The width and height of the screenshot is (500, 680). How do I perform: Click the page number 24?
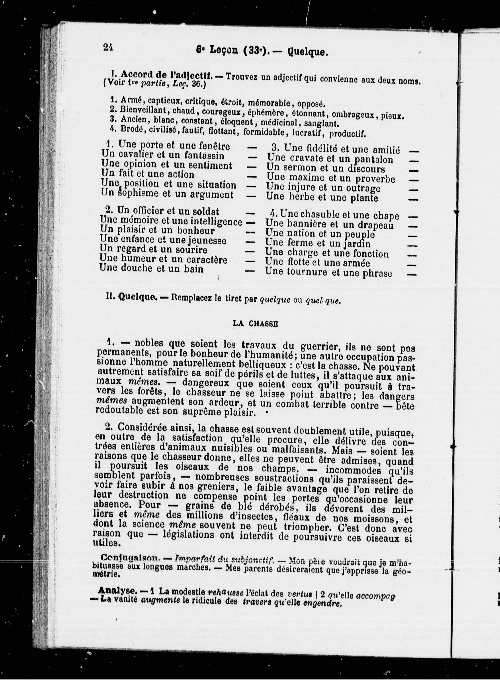[108, 47]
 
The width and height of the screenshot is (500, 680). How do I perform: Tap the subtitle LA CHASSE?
[255, 324]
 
